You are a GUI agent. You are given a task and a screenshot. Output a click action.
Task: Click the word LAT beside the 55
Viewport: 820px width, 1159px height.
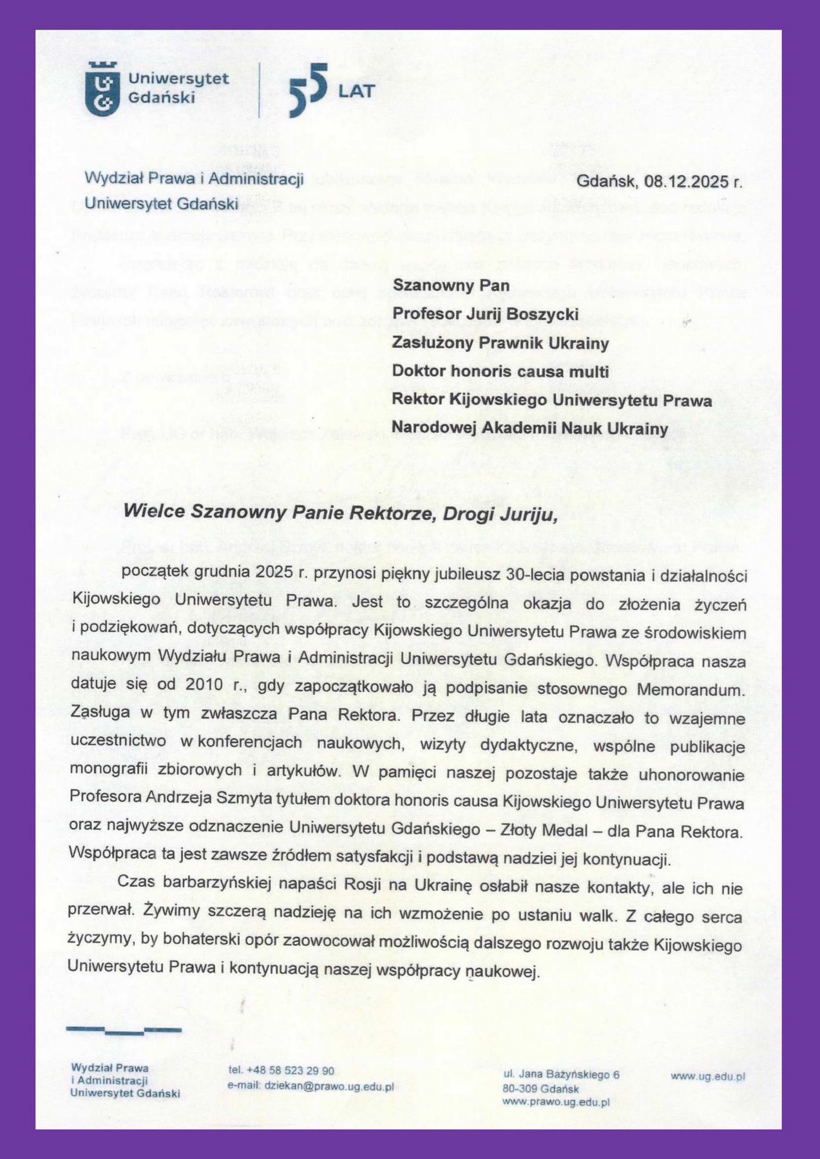click(356, 91)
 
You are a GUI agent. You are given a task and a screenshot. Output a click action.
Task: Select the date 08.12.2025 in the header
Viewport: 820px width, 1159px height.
click(686, 181)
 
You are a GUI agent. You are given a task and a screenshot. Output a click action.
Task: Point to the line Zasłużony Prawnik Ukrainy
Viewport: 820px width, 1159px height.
click(501, 343)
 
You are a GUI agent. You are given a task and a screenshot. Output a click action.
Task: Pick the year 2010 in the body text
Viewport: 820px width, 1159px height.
click(204, 685)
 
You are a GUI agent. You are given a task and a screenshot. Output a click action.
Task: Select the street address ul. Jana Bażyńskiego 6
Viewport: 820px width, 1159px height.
click(560, 1074)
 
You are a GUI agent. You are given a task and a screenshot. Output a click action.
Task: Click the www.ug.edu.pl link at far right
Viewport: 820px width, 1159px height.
click(708, 1075)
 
